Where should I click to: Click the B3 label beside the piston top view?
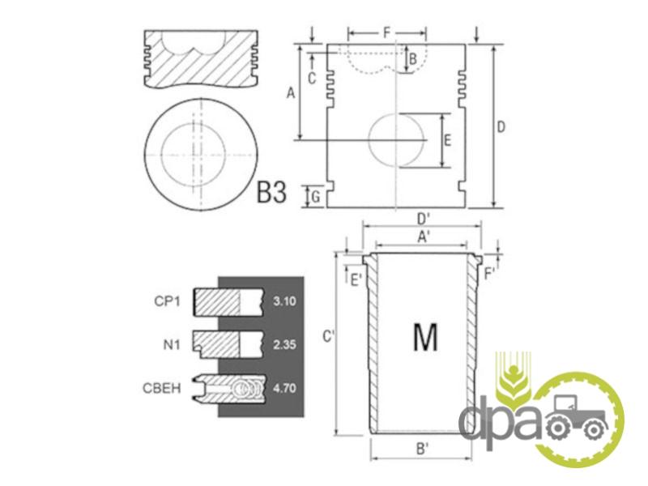pyautogui.click(x=271, y=192)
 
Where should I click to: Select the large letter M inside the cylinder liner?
pyautogui.click(x=425, y=337)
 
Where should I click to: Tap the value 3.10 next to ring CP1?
pyautogui.click(x=284, y=301)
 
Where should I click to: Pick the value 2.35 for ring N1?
pyautogui.click(x=284, y=344)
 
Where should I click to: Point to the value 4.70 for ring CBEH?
pyautogui.click(x=284, y=388)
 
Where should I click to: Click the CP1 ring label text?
pyautogui.click(x=168, y=301)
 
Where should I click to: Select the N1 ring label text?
pyautogui.click(x=172, y=344)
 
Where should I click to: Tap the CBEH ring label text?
pyautogui.click(x=161, y=389)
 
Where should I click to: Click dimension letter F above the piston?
pyautogui.click(x=387, y=32)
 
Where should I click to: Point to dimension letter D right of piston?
pyautogui.click(x=501, y=127)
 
